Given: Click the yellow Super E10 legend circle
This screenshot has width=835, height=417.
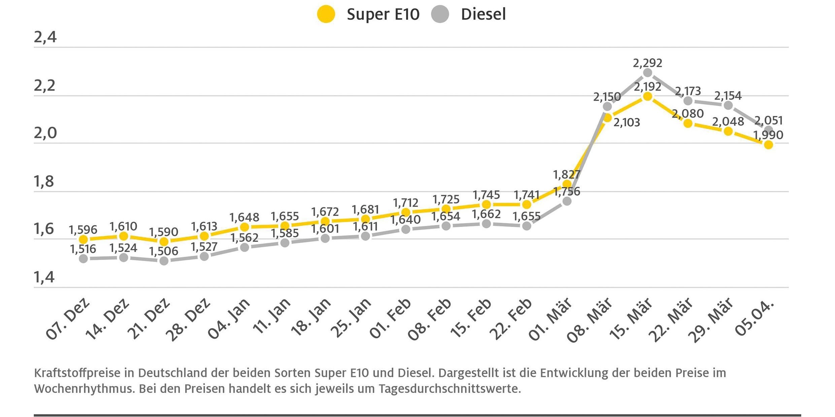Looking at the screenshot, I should pos(326,14).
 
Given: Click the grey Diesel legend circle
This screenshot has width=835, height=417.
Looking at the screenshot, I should pos(440,14).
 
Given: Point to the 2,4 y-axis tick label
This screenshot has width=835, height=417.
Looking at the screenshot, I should pos(45,37).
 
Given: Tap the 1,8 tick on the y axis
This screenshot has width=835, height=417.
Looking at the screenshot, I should pos(44,182).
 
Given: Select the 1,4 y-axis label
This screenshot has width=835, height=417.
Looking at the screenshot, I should pos(44,277).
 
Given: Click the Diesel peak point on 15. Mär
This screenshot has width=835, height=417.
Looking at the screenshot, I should pos(647,73).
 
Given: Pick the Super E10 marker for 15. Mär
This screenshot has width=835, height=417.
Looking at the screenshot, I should pos(647,97).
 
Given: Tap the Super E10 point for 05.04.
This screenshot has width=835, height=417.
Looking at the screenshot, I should pos(768,145).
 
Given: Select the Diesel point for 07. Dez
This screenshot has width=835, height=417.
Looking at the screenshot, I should pos(83,259).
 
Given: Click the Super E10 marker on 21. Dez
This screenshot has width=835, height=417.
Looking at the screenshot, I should pos(164,241).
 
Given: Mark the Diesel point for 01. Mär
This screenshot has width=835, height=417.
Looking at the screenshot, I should pos(567,201).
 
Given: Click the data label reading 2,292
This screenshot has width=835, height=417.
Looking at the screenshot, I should pos(647,63).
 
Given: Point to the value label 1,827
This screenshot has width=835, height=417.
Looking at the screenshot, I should pos(567,175).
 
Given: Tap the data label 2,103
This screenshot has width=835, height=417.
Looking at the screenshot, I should pos(627,122).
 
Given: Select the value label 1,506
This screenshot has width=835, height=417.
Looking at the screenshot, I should pos(164,251).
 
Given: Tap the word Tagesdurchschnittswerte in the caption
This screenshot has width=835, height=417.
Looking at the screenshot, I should pos(450,389).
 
